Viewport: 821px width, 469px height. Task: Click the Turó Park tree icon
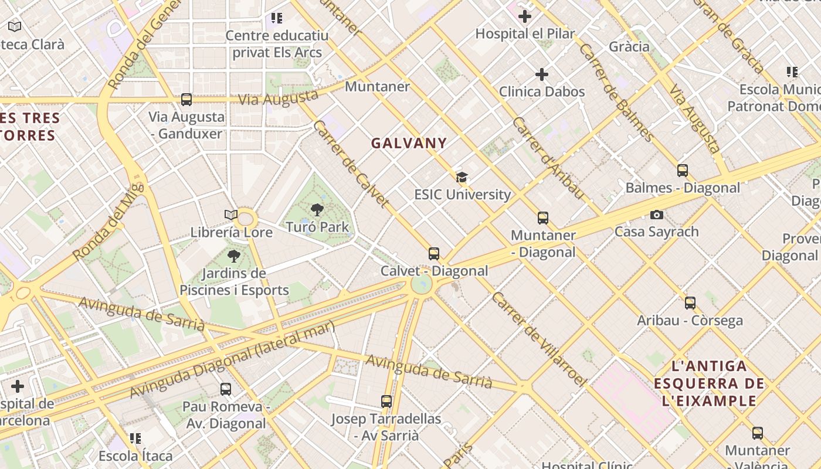317,209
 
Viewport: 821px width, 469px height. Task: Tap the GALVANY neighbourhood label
409,143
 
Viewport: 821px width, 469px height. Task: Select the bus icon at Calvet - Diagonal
434,254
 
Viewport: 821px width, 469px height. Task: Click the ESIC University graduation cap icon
462,177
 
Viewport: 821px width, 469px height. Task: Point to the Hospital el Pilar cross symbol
525,16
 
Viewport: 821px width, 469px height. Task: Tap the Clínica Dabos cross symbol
542,74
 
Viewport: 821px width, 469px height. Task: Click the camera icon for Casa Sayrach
657,215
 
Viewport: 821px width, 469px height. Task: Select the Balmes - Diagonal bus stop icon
683,171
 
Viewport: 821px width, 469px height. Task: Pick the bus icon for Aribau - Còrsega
690,303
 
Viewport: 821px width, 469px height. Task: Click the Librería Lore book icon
231,215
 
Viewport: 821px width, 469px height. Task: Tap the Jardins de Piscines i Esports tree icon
234,256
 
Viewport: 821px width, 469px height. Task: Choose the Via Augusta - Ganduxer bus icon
186,100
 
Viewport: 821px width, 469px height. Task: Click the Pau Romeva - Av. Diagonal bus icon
226,389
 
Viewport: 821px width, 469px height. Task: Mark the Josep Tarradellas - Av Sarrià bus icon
386,402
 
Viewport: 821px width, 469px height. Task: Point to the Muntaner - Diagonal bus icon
543,218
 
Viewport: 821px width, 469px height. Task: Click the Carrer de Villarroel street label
538,339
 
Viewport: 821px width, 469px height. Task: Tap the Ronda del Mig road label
108,221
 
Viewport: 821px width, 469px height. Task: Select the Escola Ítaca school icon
135,439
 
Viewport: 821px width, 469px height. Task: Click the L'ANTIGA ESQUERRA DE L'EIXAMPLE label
709,384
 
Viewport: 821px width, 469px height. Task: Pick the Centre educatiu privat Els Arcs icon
277,18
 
